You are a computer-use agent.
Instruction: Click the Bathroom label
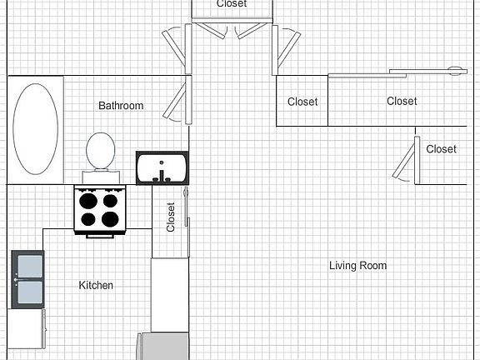coord(121,106)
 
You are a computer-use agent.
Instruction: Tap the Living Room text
coord(357,266)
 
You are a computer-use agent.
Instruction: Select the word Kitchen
coord(96,285)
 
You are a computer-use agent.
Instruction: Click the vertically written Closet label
coord(171,217)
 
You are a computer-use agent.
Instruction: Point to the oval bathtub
coord(36,127)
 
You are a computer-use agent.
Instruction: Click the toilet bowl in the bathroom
coord(101,150)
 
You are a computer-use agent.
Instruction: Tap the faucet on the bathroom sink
coord(162,176)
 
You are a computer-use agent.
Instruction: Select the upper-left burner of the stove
coord(87,200)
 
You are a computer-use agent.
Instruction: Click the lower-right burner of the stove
coord(110,220)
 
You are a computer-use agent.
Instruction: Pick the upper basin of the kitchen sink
coord(27,266)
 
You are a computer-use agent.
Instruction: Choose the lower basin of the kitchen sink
coord(27,292)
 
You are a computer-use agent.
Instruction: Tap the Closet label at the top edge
coord(231,4)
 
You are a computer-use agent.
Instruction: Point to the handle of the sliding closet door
coord(455,69)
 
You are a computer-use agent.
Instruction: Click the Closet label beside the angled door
coord(441,149)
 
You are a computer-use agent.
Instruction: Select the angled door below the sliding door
coord(407,158)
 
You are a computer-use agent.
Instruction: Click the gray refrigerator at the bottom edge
coord(163,346)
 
